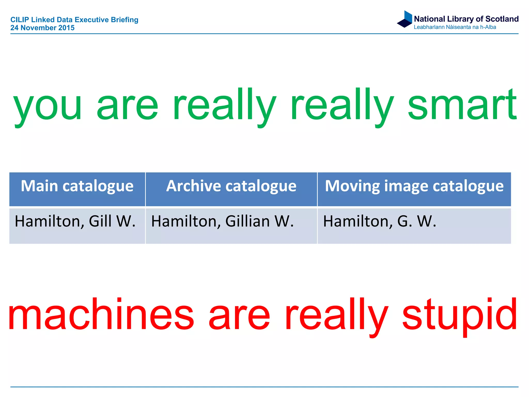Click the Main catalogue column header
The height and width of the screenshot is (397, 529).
pyautogui.click(x=77, y=186)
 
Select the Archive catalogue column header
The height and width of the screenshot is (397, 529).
pyautogui.click(x=231, y=186)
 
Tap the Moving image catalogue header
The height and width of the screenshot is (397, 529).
pyautogui.click(x=414, y=186)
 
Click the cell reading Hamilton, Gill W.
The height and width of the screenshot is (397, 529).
pyautogui.click(x=75, y=222)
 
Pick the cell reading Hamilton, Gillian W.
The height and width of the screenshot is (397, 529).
pyautogui.click(x=222, y=222)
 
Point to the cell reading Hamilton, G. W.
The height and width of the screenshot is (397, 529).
pyautogui.click(x=380, y=222)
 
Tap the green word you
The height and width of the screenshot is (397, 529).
pyautogui.click(x=48, y=106)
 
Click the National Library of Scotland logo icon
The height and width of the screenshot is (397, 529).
pyautogui.click(x=405, y=19)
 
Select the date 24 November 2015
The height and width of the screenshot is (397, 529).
pyautogui.click(x=42, y=28)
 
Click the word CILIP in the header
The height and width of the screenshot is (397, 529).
pyautogui.click(x=19, y=20)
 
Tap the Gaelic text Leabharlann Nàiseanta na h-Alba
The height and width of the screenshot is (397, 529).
pyautogui.click(x=455, y=27)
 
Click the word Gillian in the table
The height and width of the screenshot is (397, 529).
pyautogui.click(x=247, y=222)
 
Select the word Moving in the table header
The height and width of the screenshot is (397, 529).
pyautogui.click(x=353, y=186)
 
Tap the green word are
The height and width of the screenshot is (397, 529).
pyautogui.click(x=127, y=106)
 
